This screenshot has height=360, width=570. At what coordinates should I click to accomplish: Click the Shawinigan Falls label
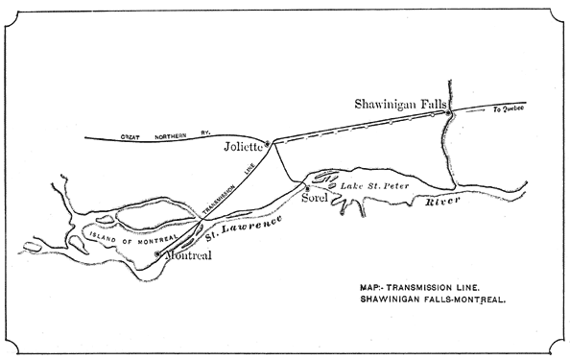pyautogui.click(x=395, y=102)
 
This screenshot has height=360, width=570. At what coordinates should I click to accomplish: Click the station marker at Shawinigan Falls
pyautogui.click(x=448, y=115)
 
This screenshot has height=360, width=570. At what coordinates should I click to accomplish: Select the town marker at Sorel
pyautogui.click(x=307, y=187)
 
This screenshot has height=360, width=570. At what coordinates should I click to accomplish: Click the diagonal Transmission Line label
pyautogui.click(x=225, y=187)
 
